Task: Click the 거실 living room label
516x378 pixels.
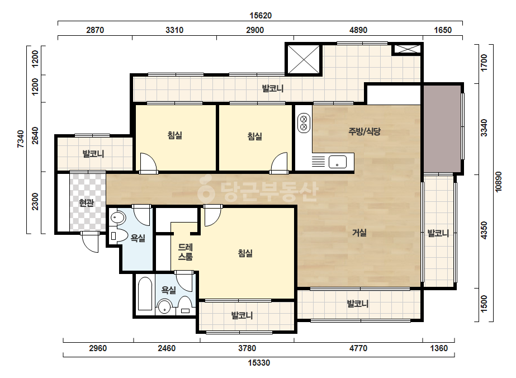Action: (359, 233)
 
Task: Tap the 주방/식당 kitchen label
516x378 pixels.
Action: (364, 131)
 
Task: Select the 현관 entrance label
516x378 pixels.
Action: (87, 203)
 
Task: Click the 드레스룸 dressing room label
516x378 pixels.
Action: (185, 252)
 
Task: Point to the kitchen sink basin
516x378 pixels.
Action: (337, 162)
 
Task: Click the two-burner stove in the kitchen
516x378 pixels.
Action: (304, 122)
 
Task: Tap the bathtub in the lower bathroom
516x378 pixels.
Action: (145, 294)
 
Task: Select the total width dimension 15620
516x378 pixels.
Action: (261, 16)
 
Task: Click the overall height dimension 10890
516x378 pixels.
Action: (499, 182)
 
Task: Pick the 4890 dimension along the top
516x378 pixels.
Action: (358, 30)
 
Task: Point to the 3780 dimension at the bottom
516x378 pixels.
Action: (247, 348)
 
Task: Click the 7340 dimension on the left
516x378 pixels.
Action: (21, 139)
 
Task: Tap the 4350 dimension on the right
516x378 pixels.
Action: (484, 230)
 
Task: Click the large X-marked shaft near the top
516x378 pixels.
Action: (304, 60)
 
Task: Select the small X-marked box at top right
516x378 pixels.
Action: (408, 49)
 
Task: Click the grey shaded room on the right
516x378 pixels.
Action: (442, 129)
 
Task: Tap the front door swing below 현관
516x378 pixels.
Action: (90, 242)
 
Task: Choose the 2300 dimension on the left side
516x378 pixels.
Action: (35, 201)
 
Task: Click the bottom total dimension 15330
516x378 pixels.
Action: (259, 363)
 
